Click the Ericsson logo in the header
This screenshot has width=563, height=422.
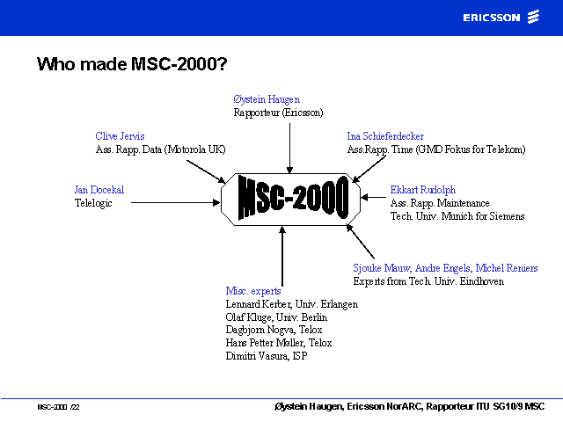tap(501, 18)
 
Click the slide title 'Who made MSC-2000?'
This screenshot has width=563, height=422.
tap(132, 64)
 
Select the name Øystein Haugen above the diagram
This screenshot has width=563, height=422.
tap(267, 99)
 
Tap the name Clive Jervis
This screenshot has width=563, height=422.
tap(120, 136)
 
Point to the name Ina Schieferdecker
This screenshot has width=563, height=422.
tap(385, 136)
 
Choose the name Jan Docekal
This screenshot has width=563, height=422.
tap(99, 190)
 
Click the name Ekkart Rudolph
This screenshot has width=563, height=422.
tap(423, 190)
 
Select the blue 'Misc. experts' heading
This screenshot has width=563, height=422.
tap(253, 291)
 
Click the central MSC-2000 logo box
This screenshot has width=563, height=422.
tap(290, 200)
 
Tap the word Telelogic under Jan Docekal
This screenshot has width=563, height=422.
tap(93, 203)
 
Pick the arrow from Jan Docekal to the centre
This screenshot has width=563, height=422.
tap(176, 203)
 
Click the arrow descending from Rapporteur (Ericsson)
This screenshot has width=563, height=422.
tap(289, 149)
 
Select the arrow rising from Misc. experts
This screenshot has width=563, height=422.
tap(282, 256)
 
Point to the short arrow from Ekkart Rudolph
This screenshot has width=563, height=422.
tap(373, 197)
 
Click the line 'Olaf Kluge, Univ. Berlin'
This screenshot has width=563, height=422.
tap(276, 317)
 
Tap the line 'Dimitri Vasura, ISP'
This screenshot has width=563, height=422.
tap(267, 356)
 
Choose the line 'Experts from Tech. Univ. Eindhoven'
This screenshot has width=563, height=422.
tap(428, 281)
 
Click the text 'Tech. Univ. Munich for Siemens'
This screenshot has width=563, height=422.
tap(457, 216)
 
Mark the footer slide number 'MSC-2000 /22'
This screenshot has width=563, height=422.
tap(58, 407)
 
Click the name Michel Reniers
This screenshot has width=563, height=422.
tap(507, 268)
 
